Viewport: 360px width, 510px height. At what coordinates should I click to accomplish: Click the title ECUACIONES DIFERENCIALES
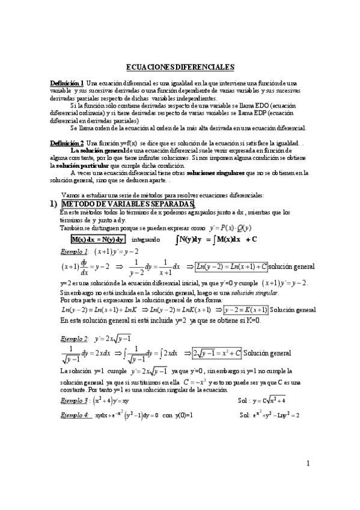pyautogui.click(x=180, y=68)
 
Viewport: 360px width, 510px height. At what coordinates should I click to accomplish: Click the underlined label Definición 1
pyautogui.click(x=67, y=82)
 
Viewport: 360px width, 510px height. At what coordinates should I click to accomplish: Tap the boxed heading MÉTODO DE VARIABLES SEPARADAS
pyautogui.click(x=128, y=204)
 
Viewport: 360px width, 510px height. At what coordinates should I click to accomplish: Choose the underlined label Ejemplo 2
pyautogui.click(x=75, y=339)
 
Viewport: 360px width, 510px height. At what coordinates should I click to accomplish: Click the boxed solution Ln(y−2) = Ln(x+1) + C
pyautogui.click(x=230, y=266)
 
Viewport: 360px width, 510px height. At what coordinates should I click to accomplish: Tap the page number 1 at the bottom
pyautogui.click(x=307, y=480)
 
